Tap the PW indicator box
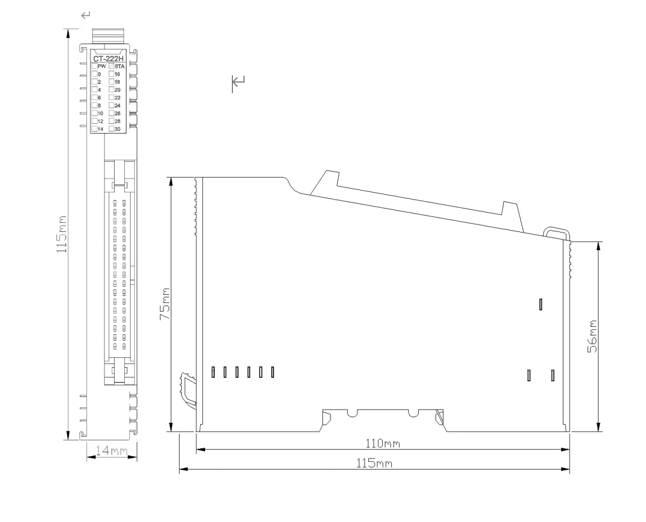(94, 66)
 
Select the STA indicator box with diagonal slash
(111, 66)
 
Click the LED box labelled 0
(94, 74)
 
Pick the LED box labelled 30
(111, 129)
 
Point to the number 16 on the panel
(117, 74)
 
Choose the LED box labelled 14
(94, 129)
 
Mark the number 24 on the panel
(117, 105)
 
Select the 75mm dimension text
(165, 304)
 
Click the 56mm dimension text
(592, 336)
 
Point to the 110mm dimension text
(383, 444)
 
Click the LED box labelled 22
(111, 97)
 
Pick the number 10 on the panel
(100, 114)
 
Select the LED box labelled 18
(111, 82)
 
